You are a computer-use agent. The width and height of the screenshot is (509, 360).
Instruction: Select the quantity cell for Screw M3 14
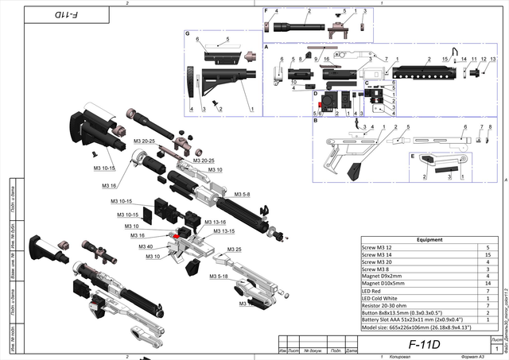click(x=487, y=254)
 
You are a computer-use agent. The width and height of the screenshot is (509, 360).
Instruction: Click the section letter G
click(x=187, y=33)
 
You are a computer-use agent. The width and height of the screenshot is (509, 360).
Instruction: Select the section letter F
click(x=266, y=10)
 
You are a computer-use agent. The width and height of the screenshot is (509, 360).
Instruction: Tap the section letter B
click(x=316, y=121)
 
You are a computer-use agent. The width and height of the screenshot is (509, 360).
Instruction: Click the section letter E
click(x=412, y=156)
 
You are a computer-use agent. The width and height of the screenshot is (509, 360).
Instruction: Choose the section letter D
click(x=316, y=93)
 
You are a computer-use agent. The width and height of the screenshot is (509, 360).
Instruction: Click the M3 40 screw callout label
click(x=146, y=246)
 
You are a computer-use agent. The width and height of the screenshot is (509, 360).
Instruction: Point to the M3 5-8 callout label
click(x=241, y=194)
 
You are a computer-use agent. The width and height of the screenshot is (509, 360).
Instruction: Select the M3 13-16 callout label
click(x=215, y=222)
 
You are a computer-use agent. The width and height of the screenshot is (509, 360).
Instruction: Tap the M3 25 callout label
click(x=234, y=249)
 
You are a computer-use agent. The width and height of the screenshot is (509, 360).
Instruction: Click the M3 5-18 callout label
click(x=220, y=276)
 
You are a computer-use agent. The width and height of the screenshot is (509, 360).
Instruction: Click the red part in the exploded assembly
click(x=173, y=234)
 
